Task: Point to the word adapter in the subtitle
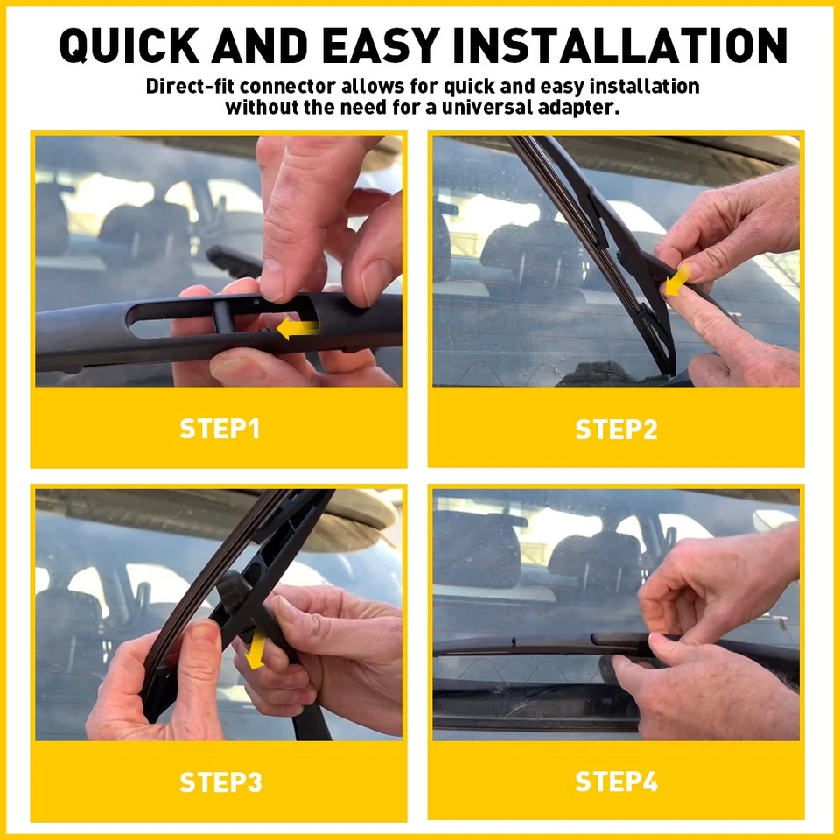tap(579, 108)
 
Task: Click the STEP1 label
tap(220, 429)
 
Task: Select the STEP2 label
tap(616, 429)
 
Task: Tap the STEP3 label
tap(220, 781)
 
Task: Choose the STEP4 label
tap(616, 781)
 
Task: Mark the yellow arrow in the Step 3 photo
tap(256, 653)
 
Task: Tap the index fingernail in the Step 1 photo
tap(272, 281)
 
